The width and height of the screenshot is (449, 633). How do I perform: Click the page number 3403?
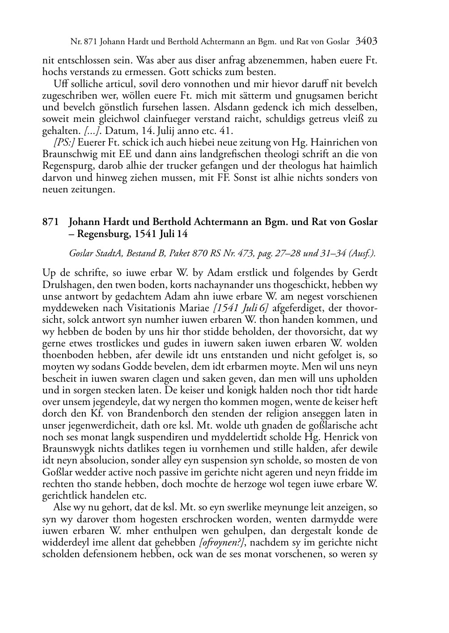(366, 42)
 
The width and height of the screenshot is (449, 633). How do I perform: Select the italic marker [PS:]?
(64, 143)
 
